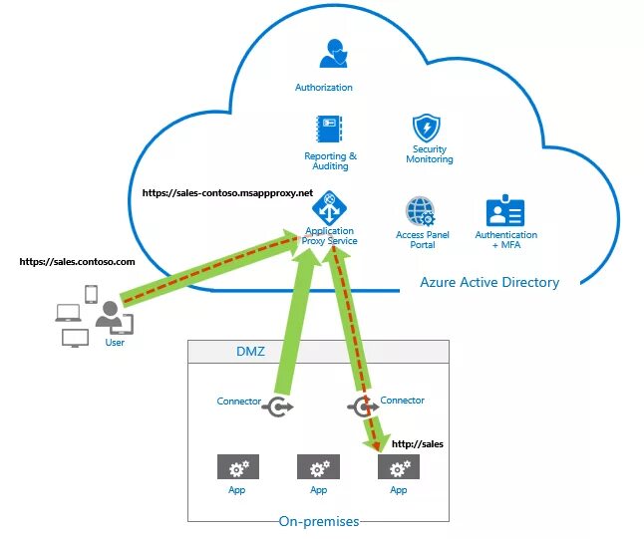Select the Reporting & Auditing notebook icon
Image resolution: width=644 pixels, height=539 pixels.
pyautogui.click(x=330, y=131)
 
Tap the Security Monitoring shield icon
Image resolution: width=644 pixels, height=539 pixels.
pyautogui.click(x=429, y=129)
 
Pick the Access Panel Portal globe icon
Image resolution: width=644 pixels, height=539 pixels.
pyautogui.click(x=420, y=212)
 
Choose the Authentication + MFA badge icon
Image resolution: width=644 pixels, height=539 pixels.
pyautogui.click(x=505, y=212)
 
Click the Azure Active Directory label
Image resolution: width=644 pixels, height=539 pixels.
pyautogui.click(x=488, y=282)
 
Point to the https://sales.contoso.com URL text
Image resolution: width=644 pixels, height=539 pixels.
pyautogui.click(x=77, y=261)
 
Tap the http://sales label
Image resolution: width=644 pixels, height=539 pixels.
pyautogui.click(x=417, y=443)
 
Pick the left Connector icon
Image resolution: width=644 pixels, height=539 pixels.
pyautogui.click(x=278, y=405)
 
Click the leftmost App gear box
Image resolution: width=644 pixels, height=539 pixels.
pyautogui.click(x=237, y=467)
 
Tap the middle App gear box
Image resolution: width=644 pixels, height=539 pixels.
pyautogui.click(x=318, y=467)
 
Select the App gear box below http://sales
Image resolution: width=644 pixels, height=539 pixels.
pyautogui.click(x=399, y=467)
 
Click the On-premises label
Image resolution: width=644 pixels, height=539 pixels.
pyautogui.click(x=318, y=521)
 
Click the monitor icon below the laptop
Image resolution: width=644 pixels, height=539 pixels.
pyautogui.click(x=75, y=338)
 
